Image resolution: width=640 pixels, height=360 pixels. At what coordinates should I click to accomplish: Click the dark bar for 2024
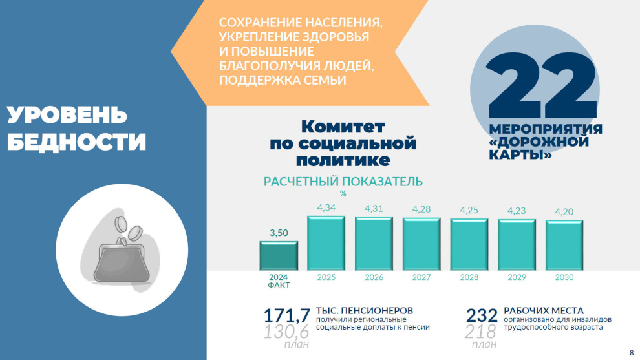[279, 255]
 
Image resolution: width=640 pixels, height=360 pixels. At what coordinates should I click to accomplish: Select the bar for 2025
[326, 243]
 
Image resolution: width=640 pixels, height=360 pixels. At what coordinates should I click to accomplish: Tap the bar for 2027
[421, 244]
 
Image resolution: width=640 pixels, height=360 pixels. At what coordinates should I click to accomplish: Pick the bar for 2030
[564, 246]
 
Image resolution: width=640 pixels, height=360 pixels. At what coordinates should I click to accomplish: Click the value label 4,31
[374, 209]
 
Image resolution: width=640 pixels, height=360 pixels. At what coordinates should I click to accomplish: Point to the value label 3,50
[279, 233]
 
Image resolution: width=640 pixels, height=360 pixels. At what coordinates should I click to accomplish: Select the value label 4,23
[517, 211]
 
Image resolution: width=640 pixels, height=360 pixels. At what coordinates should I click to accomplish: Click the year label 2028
[469, 277]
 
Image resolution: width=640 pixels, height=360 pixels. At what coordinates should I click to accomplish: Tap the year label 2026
[374, 277]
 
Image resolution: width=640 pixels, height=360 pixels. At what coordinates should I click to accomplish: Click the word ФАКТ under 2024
[279, 285]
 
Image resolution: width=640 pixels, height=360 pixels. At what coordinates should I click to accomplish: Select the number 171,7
[286, 315]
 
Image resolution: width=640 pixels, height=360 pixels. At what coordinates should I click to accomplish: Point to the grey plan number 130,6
[286, 332]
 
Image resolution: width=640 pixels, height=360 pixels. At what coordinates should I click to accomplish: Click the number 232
[482, 315]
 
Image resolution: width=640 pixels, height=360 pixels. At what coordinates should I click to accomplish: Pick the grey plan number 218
[480, 332]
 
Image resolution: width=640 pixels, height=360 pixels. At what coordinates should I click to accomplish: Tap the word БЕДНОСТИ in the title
[76, 142]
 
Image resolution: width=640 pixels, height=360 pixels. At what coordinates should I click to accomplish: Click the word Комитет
[343, 127]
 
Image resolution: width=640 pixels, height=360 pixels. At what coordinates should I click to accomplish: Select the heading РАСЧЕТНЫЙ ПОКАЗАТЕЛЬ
[343, 182]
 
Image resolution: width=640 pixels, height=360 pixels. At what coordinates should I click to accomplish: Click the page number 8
[632, 353]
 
